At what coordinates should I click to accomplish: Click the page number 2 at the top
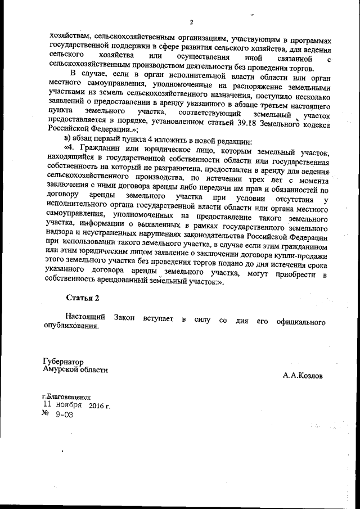(191, 22)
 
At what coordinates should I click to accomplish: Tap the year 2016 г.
(99, 405)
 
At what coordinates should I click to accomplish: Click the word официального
(299, 319)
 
